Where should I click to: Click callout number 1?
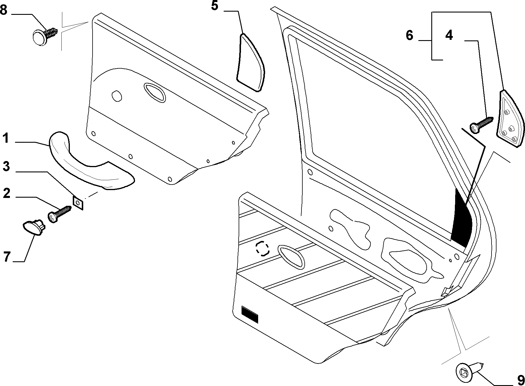tap(6, 138)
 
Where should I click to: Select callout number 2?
tap(6, 193)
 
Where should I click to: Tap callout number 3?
tap(6, 167)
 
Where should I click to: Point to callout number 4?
tap(449, 35)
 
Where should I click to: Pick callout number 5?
tap(214, 6)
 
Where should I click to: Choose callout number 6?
tap(409, 35)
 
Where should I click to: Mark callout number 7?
tap(7, 257)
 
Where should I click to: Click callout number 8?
tap(4, 10)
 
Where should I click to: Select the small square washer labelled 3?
tap(78, 202)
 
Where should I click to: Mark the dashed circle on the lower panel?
tap(262, 249)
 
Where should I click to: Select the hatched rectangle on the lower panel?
tap(249, 314)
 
